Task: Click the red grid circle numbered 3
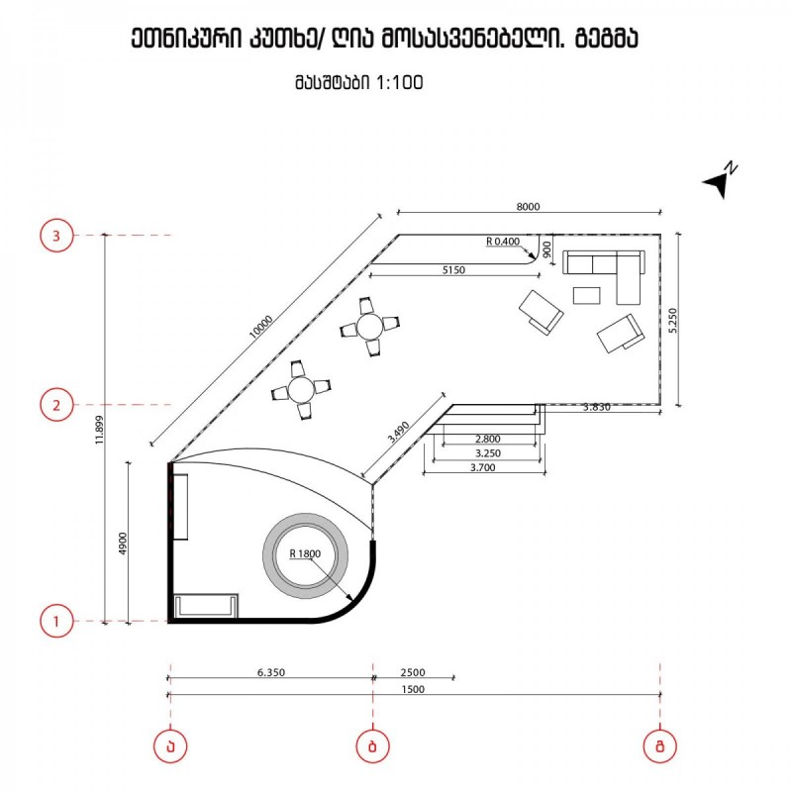click(x=56, y=236)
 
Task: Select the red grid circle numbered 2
click(x=56, y=405)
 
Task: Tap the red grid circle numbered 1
click(x=56, y=621)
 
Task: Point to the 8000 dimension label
click(x=528, y=206)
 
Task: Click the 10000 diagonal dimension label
click(x=261, y=327)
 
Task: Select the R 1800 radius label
click(x=305, y=553)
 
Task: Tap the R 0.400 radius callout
click(x=503, y=242)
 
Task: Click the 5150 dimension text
click(x=453, y=270)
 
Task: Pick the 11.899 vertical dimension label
click(x=100, y=430)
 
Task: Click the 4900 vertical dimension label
click(x=123, y=543)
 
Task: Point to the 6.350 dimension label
click(x=271, y=672)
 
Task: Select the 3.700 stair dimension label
click(x=483, y=467)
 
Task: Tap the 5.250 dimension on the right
click(x=672, y=320)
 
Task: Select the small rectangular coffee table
click(x=586, y=295)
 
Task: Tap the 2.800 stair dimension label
click(x=487, y=439)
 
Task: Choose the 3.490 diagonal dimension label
click(x=399, y=432)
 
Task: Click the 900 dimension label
click(x=547, y=248)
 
